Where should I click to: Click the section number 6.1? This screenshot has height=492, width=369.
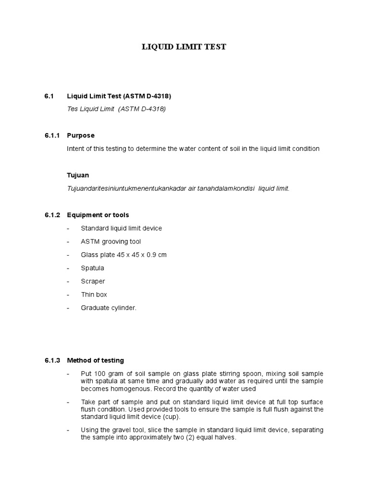[x=48, y=96]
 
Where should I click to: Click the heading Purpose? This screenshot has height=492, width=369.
[x=81, y=135]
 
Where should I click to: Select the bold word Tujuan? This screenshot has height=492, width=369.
[x=78, y=175]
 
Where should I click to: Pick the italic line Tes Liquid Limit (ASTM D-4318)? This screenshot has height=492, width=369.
[x=116, y=109]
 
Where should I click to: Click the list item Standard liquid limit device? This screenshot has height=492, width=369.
[x=122, y=228]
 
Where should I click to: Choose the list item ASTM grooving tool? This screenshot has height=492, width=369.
[x=111, y=242]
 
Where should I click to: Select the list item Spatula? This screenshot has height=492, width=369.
[x=92, y=268]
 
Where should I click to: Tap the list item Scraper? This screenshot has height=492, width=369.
[x=93, y=281]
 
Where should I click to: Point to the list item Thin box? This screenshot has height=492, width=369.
[x=94, y=295]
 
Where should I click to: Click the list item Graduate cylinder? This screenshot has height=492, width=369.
[x=109, y=308]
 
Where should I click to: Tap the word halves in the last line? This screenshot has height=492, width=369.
[x=225, y=438]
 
